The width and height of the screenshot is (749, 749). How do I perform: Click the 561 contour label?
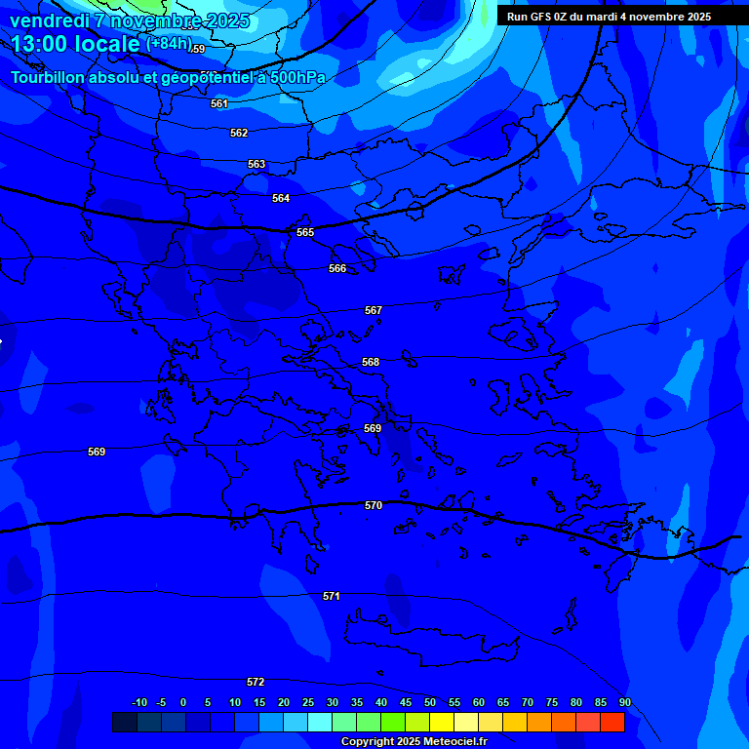pos(219,103)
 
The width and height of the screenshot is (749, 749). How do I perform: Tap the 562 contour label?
pos(239,133)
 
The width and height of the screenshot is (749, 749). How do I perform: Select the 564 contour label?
pos(281,198)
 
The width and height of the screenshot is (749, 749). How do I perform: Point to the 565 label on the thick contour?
pos(305,232)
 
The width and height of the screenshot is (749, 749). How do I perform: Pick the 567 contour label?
pos(374,310)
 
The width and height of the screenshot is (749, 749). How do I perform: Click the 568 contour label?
pos(371,362)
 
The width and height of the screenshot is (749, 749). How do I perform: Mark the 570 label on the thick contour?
pos(374,505)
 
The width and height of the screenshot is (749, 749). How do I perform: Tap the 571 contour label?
pos(332,595)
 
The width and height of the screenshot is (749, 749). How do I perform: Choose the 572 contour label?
pos(256,682)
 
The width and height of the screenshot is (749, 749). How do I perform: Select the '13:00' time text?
pos(42,44)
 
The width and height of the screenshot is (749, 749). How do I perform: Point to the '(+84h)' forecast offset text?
pos(169,44)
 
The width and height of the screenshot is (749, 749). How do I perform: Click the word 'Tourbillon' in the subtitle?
pos(48,77)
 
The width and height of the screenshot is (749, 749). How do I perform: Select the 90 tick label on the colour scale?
pos(624,702)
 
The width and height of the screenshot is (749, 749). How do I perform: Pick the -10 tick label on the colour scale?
pos(138,702)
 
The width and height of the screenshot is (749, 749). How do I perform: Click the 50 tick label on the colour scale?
pos(430,702)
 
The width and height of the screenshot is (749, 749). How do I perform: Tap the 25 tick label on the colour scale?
pos(308,702)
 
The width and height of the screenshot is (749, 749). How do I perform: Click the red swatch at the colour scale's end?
pos(612,722)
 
